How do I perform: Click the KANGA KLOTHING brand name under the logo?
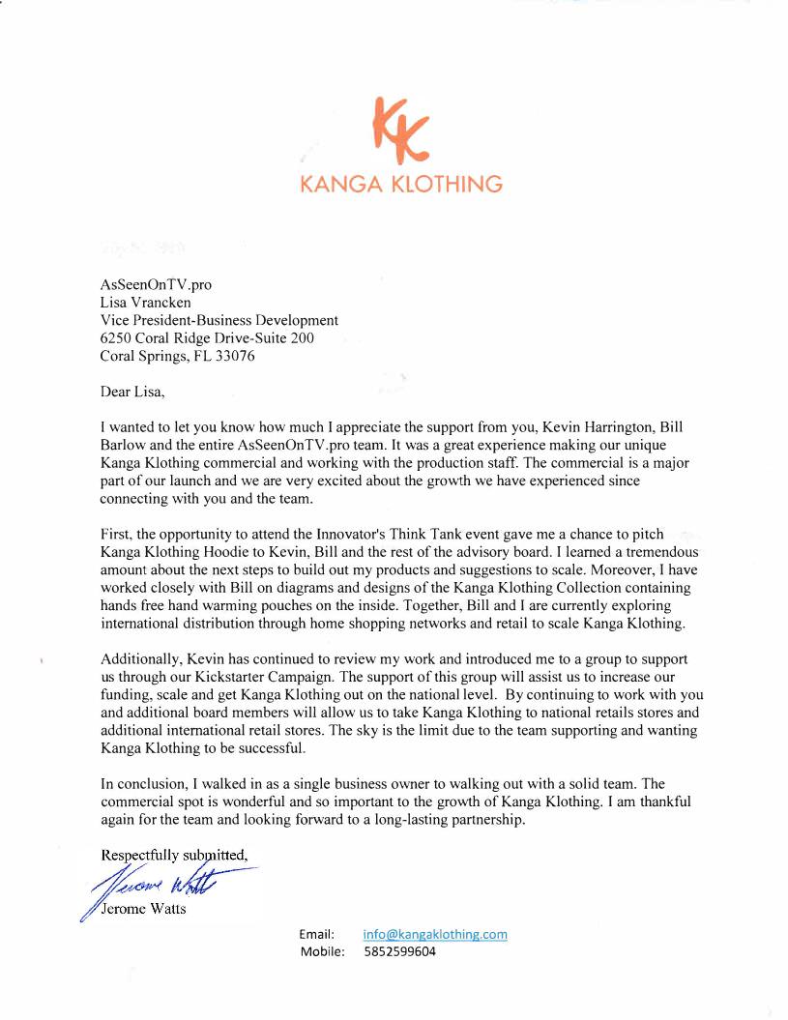[x=401, y=184]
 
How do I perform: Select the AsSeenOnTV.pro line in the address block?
[x=156, y=285]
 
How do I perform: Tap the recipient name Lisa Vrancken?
[x=145, y=303]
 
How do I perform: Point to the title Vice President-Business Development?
[x=219, y=320]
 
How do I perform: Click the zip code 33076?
[x=236, y=355]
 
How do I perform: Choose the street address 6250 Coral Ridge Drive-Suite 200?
[x=207, y=337]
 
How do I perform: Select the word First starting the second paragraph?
[x=116, y=534]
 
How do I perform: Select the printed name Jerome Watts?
[x=145, y=909]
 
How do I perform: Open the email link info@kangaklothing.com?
[x=435, y=934]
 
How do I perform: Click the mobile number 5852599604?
[x=399, y=951]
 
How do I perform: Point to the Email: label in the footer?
[x=316, y=934]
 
